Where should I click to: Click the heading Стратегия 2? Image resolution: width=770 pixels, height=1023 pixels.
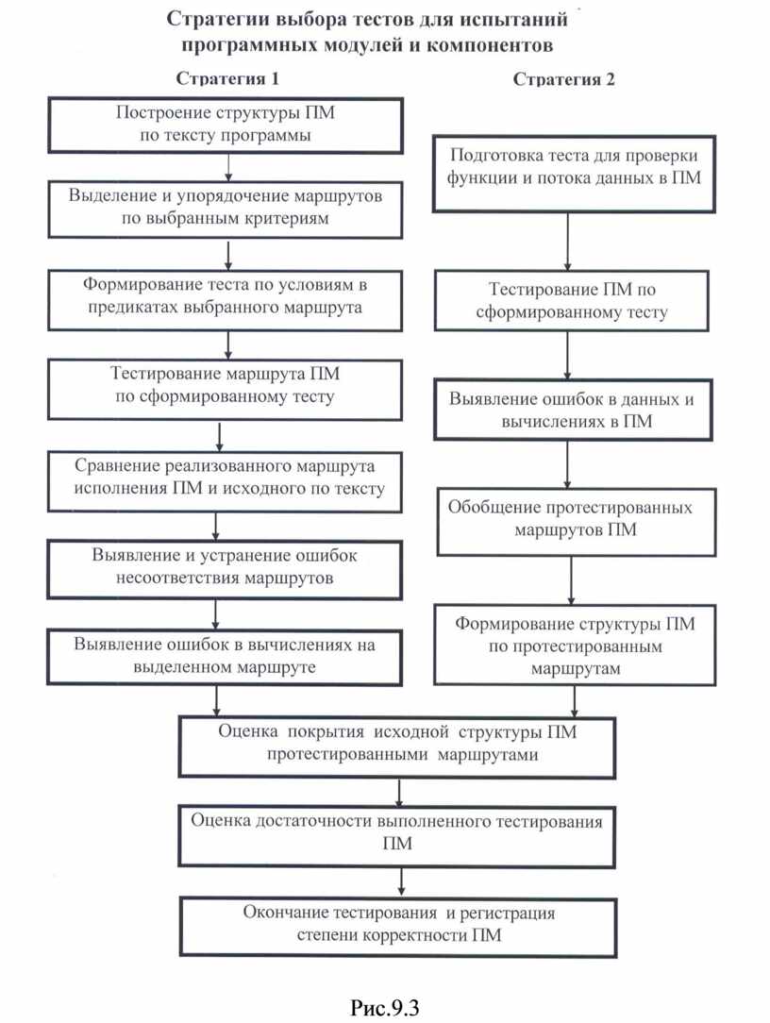pos(564,80)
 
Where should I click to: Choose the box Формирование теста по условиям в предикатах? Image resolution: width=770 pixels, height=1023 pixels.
pos(225,295)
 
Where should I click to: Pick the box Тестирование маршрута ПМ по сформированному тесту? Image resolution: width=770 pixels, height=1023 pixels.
pos(225,385)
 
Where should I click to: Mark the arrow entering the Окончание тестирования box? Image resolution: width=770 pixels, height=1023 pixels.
pos(403,881)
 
